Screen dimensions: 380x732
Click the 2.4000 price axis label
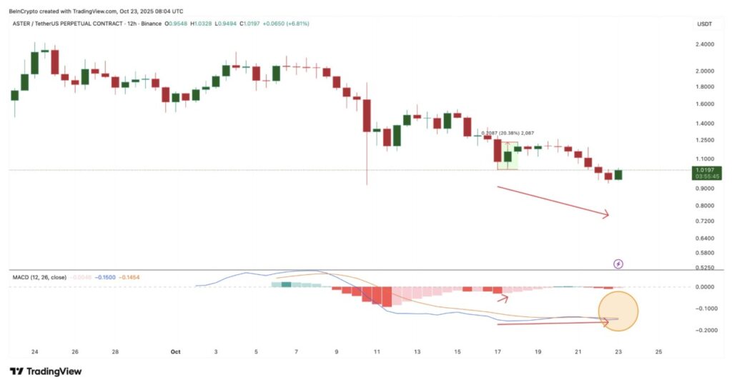pyautogui.click(x=704, y=44)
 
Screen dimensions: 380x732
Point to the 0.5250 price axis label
pyautogui.click(x=704, y=268)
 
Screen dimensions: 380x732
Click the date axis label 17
pyautogui.click(x=497, y=352)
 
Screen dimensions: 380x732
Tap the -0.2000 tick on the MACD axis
pyautogui.click(x=704, y=330)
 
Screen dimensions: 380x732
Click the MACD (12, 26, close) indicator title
pyautogui.click(x=40, y=277)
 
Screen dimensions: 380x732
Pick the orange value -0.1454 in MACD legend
pyautogui.click(x=130, y=277)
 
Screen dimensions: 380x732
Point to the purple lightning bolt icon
pyautogui.click(x=618, y=264)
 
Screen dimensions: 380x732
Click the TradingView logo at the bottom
pyautogui.click(x=46, y=371)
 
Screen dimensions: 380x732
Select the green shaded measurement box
pyautogui.click(x=508, y=155)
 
